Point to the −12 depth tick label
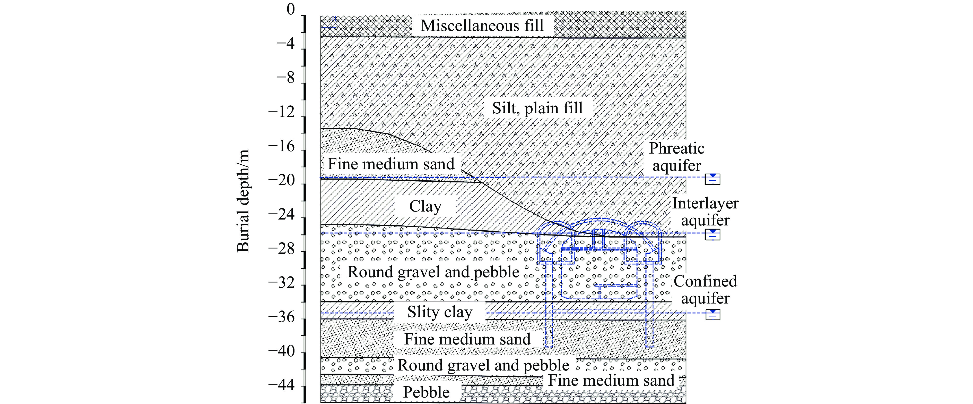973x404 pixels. [281, 112]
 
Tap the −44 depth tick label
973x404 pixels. [281, 385]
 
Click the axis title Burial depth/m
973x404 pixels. [243, 201]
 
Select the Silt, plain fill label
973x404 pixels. [537, 108]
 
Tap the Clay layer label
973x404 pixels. [425, 206]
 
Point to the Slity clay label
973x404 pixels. [440, 312]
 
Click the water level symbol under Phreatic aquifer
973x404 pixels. [713, 179]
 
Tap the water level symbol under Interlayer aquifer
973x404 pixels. [713, 234]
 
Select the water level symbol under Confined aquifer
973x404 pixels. [713, 314]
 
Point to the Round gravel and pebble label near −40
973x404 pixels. [483, 365]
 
